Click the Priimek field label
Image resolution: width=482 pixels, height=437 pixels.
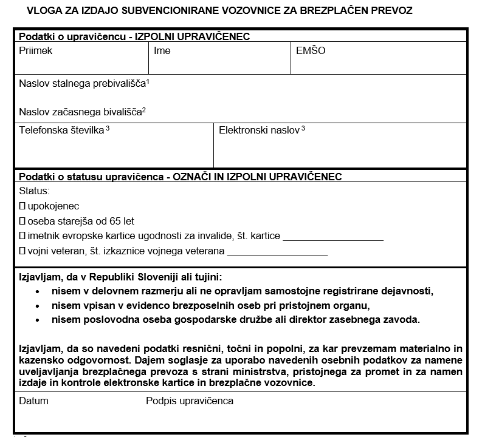click(x=35, y=51)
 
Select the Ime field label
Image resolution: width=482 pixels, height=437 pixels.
click(x=162, y=51)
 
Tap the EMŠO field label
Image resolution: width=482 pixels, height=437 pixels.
click(x=311, y=51)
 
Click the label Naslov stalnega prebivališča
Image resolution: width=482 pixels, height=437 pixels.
click(x=84, y=83)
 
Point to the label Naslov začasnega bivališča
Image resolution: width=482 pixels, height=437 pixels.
click(x=82, y=112)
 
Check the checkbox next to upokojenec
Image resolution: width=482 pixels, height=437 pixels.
click(x=22, y=206)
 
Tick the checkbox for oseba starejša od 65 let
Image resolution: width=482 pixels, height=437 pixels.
click(x=22, y=222)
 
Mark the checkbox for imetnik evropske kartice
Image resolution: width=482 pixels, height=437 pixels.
click(x=22, y=236)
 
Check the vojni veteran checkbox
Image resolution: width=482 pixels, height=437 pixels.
click(x=22, y=251)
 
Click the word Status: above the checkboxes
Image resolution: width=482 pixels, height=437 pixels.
click(x=34, y=191)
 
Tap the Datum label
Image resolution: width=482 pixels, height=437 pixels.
click(x=33, y=401)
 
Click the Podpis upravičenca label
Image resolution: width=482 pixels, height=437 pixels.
click(x=190, y=401)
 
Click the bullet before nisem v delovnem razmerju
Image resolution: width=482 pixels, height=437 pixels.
click(x=38, y=291)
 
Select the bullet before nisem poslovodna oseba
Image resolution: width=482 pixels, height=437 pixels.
click(x=38, y=319)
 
